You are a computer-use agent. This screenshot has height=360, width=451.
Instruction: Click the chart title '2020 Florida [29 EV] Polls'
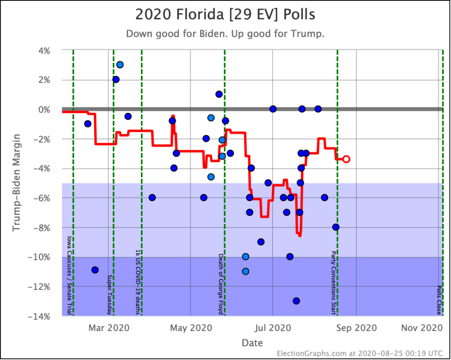click(x=225, y=15)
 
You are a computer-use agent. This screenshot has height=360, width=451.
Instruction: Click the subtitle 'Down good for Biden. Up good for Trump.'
click(x=225, y=34)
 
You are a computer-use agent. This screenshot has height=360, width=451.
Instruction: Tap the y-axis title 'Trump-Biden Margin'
click(x=16, y=183)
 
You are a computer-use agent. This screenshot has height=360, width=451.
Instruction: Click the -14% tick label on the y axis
click(x=41, y=316)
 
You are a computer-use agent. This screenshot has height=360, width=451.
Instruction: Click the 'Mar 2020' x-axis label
click(x=108, y=328)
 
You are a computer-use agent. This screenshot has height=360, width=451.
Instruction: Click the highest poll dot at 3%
click(x=120, y=65)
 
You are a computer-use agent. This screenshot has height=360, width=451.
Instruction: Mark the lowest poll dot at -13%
click(x=296, y=301)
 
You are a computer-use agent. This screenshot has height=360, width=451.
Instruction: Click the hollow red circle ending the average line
click(x=346, y=159)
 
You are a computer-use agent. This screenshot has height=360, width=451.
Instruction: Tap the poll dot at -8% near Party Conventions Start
click(x=336, y=227)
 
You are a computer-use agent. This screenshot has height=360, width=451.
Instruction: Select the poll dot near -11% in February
click(x=95, y=270)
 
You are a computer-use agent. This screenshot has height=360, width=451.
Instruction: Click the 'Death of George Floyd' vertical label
click(x=221, y=284)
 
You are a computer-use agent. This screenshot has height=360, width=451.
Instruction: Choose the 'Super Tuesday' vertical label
click(x=110, y=295)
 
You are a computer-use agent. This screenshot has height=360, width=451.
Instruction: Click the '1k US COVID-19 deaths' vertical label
click(x=137, y=282)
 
